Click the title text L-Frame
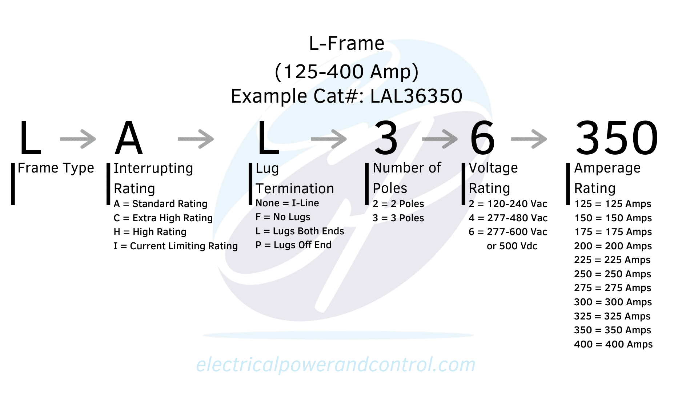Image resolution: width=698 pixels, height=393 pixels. click(x=346, y=44)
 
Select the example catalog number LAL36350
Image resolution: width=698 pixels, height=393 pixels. click(x=416, y=96)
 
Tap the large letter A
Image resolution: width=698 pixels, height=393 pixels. click(x=128, y=138)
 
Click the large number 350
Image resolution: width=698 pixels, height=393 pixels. click(x=617, y=138)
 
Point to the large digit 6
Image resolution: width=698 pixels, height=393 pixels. click(x=482, y=138)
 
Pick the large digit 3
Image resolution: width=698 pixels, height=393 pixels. click(x=386, y=138)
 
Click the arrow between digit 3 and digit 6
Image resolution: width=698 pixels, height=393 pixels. click(x=440, y=139)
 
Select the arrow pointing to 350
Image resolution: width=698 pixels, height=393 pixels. click(x=529, y=139)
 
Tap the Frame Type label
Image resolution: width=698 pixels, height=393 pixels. click(x=56, y=168)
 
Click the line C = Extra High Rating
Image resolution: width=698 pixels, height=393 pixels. click(x=163, y=218)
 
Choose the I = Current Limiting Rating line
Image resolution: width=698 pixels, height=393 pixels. click(x=176, y=246)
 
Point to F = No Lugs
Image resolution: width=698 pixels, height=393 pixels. click(x=283, y=217)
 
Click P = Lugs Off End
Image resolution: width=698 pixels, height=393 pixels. click(x=293, y=245)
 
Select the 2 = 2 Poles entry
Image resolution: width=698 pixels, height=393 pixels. click(x=398, y=204)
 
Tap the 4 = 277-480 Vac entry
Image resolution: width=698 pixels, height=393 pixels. click(x=508, y=218)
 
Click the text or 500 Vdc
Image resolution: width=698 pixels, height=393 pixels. click(x=512, y=246)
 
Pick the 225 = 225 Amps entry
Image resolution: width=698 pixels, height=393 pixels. click(x=612, y=260)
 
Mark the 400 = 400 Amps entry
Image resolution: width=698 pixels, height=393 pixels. click(x=613, y=344)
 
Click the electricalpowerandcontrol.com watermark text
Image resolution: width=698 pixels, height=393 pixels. click(x=336, y=365)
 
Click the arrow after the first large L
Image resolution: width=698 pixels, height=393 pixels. click(x=78, y=139)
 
